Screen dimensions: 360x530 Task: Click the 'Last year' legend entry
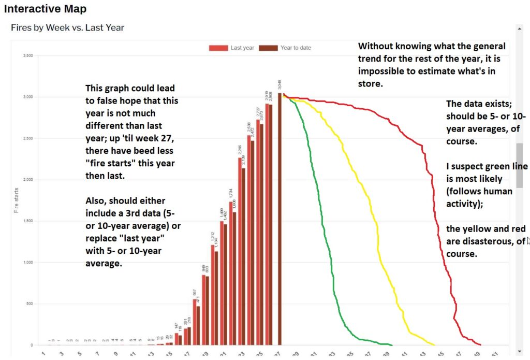point(231,48)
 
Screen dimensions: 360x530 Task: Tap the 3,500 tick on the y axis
point(28,55)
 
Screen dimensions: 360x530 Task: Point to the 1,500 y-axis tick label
point(28,221)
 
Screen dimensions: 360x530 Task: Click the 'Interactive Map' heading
point(46,9)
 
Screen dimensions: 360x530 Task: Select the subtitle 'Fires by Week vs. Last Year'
point(67,27)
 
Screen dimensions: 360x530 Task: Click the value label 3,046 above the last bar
point(280,85)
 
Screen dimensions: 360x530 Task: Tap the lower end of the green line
point(391,345)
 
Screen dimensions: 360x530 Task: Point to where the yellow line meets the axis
point(434,344)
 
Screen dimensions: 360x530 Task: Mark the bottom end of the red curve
point(480,344)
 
